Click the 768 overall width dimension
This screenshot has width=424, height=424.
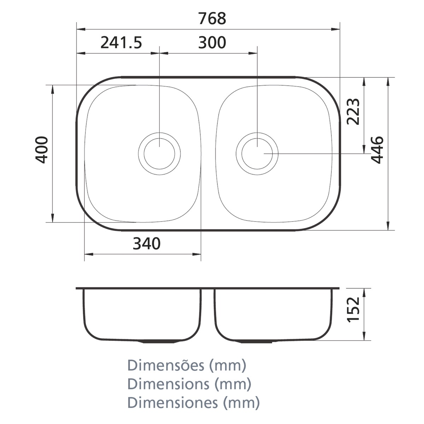pos(212,19)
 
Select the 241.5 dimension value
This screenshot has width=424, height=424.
pos(121,43)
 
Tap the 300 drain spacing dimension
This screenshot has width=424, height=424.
pos(212,43)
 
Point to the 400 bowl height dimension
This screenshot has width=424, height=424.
pos(42,150)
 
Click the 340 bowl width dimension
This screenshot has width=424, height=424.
pos(147,244)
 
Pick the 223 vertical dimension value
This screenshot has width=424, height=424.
pos(353,112)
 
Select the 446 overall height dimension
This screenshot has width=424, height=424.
pos(377,150)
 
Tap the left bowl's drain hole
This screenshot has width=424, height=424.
pos(159,154)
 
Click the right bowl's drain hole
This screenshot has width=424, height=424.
pos(257,154)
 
